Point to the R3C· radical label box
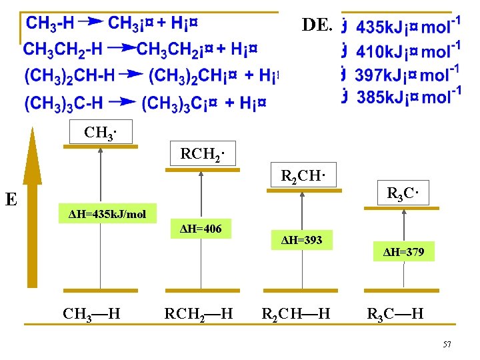403,195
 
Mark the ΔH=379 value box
403,251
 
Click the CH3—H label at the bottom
91,313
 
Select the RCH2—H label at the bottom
199,313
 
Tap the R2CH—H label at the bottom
296,313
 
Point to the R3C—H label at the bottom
395,313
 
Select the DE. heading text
317,25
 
